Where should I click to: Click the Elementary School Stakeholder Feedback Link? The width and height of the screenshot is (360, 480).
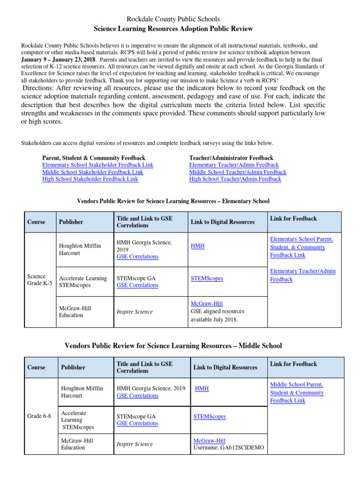click(x=97, y=165)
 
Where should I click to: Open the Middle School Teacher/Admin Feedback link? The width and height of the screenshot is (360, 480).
click(x=237, y=172)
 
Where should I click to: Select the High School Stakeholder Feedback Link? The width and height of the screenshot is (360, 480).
click(x=90, y=179)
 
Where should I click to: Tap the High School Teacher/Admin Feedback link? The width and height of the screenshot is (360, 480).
click(x=235, y=179)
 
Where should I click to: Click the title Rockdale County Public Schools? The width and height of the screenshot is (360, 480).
click(x=173, y=19)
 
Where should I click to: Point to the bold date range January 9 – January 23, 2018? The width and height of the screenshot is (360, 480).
click(x=58, y=60)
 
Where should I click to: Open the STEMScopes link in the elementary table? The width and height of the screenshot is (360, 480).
click(x=207, y=278)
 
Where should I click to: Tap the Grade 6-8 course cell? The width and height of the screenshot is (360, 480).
click(x=39, y=416)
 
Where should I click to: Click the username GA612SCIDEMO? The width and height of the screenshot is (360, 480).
click(x=229, y=448)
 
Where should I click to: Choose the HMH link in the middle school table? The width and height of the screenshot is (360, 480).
click(x=202, y=389)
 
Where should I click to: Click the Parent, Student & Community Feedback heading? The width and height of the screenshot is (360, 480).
click(x=94, y=158)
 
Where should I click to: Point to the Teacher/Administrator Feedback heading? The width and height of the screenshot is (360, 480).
click(x=231, y=158)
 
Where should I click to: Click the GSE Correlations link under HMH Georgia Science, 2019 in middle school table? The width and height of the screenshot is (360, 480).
click(x=137, y=396)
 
